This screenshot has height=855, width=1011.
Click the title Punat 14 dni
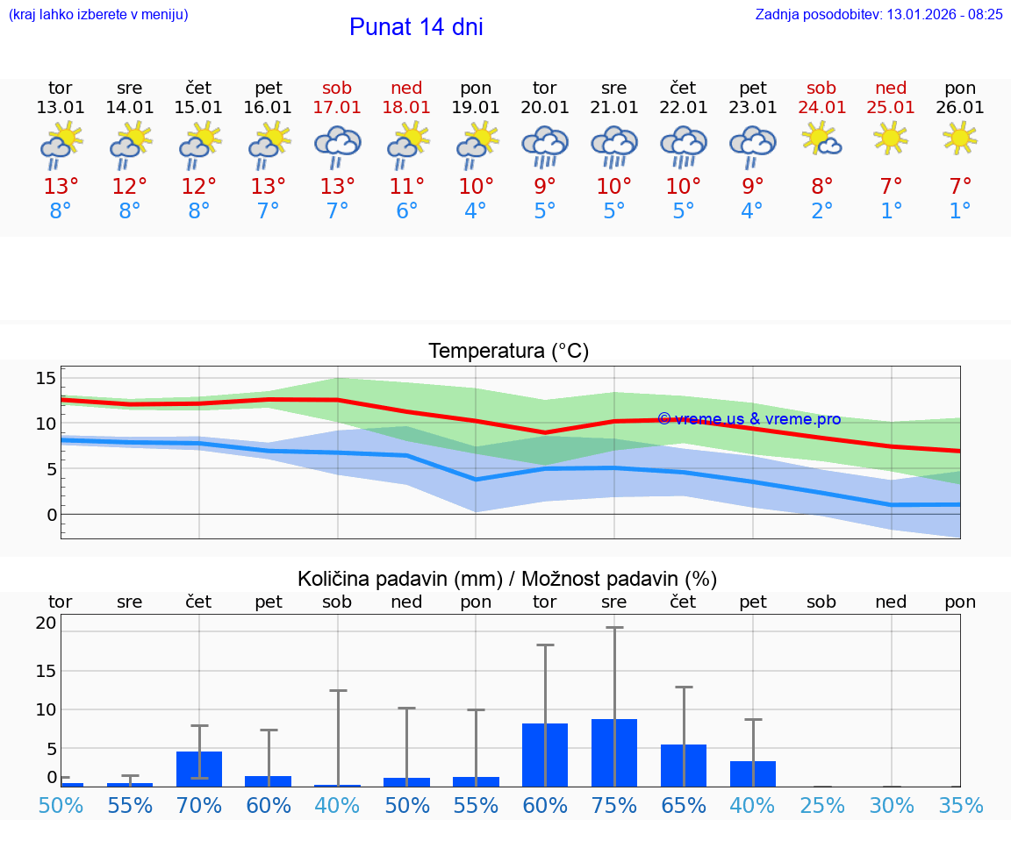416,27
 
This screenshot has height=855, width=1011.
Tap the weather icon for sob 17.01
338,145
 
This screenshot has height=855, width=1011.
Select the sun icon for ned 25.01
892,139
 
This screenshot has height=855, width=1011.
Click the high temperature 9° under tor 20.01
545,187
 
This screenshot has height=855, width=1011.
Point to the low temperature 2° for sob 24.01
822,211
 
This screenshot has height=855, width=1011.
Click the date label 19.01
476,107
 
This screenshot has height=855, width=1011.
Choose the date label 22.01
684,107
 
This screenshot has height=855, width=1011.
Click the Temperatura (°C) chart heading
509,352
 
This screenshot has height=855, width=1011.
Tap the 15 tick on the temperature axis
46,378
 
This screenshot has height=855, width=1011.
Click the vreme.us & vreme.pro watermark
749,419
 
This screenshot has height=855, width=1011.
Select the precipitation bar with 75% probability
614,752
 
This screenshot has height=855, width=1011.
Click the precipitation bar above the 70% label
199,768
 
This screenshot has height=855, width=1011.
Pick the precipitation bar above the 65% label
684,765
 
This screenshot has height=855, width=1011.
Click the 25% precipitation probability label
822,805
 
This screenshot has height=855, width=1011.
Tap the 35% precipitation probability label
960,805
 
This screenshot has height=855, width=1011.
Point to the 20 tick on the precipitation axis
46,623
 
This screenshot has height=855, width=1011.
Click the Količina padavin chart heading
507,579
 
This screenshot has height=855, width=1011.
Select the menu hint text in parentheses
98,14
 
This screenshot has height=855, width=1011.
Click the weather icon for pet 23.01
753,145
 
